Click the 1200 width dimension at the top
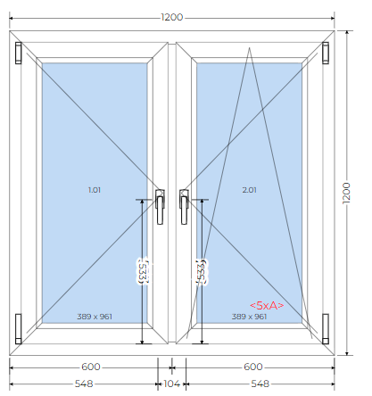point(172,17)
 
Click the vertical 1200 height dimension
point(346,193)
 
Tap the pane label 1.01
point(95,190)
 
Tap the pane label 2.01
point(249,190)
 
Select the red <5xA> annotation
point(267,305)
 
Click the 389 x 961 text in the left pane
point(95,317)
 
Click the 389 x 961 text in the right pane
point(249,317)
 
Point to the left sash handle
point(160,207)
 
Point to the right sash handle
point(184,207)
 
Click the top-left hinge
point(19,53)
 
